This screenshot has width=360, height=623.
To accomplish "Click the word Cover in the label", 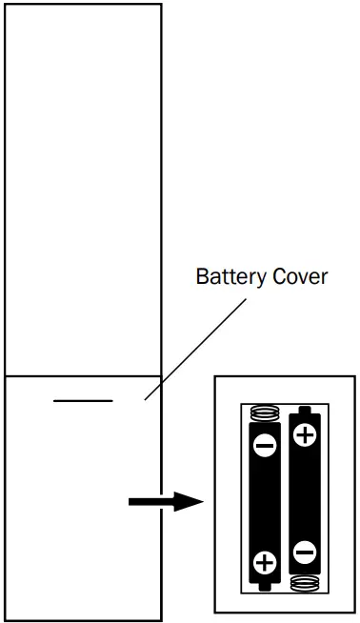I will point(299,277).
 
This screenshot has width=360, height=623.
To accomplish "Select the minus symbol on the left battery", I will point(266,444).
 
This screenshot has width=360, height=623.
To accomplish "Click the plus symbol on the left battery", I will point(266,562).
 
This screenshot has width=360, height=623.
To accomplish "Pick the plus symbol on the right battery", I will point(305,436).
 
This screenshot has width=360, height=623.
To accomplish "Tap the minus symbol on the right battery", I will point(305,552).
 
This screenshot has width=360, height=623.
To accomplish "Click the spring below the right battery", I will point(305,582).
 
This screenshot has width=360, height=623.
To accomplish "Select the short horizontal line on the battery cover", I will point(83,401).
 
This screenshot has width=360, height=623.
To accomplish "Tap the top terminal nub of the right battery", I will point(305,410).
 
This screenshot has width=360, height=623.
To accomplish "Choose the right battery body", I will point(305,495).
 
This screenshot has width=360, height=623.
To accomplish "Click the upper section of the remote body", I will point(83,191).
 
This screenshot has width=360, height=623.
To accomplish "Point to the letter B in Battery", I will point(201,277).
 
